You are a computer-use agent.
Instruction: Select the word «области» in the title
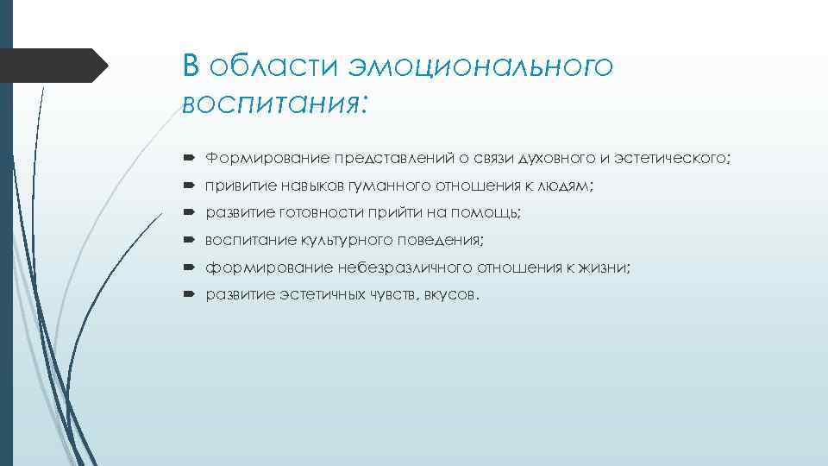coord(279,67)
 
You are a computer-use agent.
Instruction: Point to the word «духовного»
coord(558,160)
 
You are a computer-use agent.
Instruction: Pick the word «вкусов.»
coord(448,294)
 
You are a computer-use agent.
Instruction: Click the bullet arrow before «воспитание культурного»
coord(190,241)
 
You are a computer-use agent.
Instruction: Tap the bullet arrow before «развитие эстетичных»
coord(190,294)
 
